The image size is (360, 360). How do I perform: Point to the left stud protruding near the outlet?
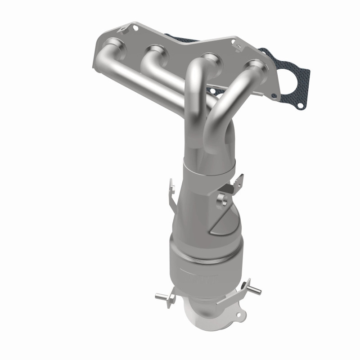[162, 296]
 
